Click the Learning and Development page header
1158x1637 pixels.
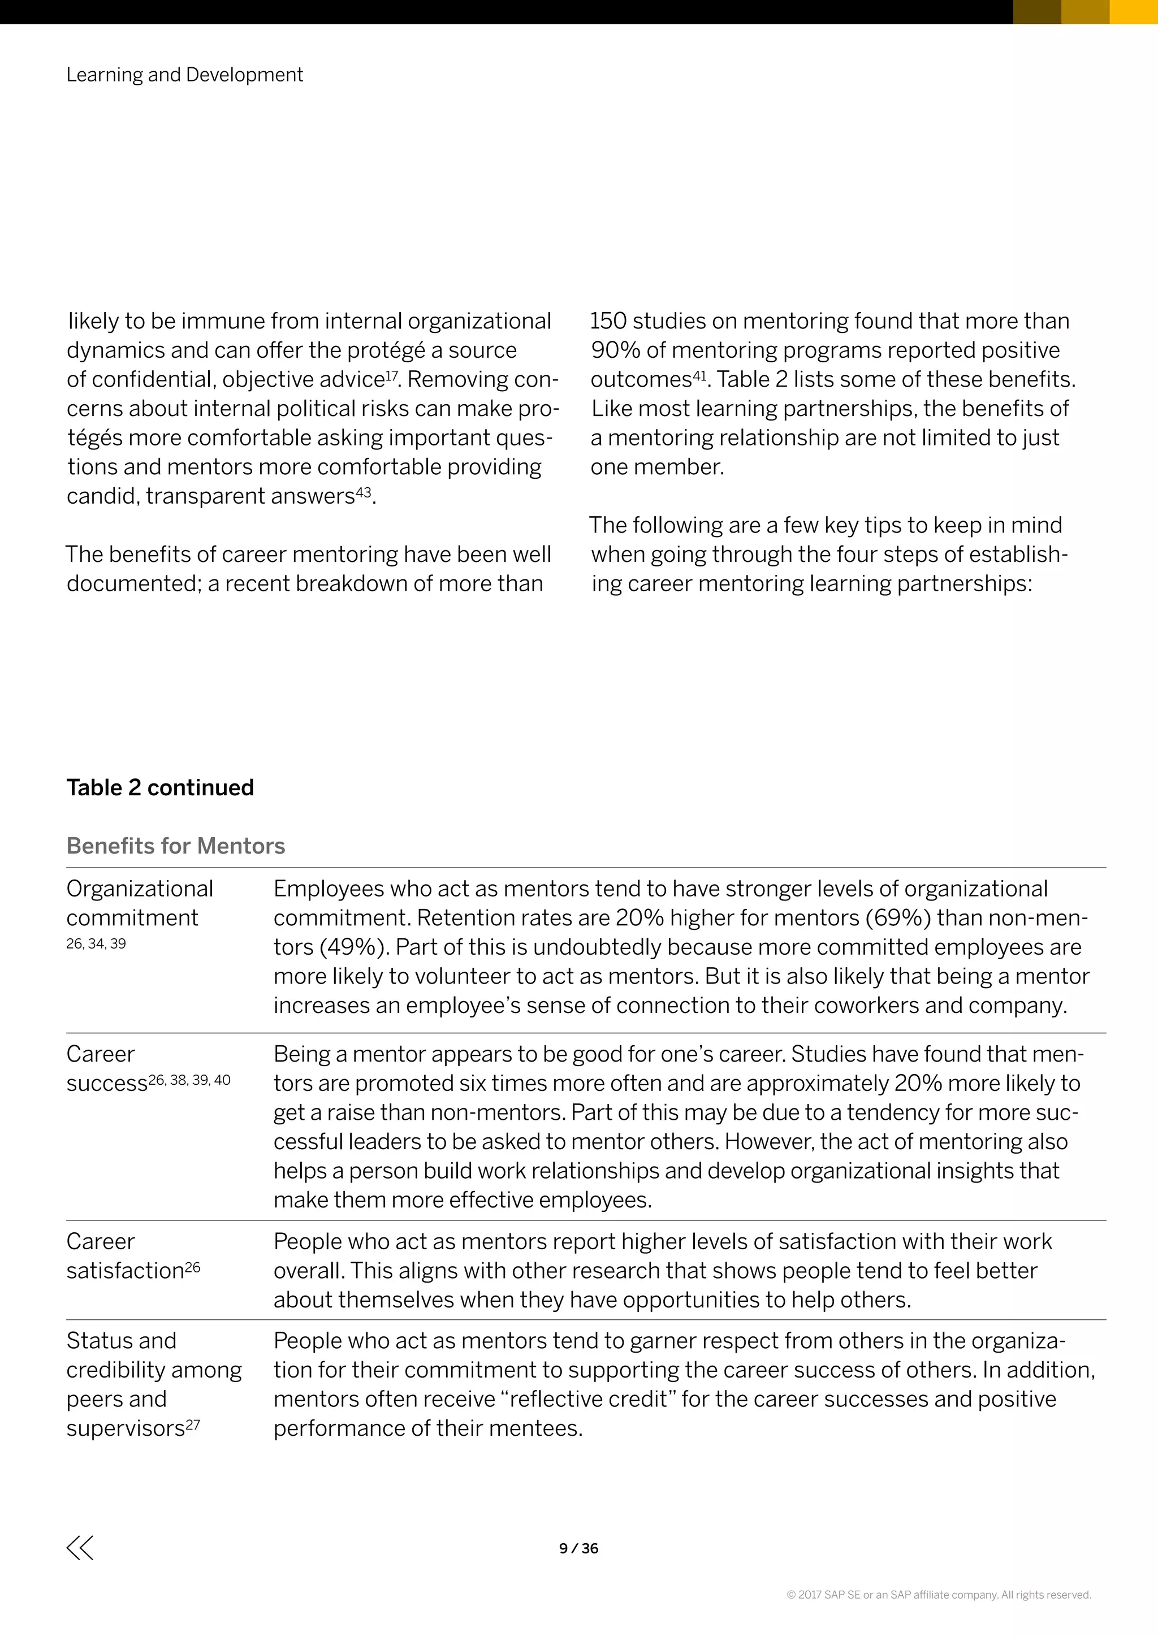[185, 75]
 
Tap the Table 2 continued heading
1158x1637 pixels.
[159, 787]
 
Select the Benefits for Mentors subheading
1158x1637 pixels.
[175, 846]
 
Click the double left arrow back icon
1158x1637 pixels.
[80, 1547]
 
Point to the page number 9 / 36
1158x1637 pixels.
[578, 1548]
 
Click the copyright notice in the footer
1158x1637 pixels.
[939, 1594]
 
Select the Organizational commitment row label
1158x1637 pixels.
[139, 903]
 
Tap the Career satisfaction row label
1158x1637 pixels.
[126, 1256]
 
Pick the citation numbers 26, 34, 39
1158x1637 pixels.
[96, 944]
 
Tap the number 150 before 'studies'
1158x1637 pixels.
[607, 322]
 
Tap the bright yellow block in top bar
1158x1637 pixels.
[1133, 11]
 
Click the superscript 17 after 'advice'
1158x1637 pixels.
[391, 374]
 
